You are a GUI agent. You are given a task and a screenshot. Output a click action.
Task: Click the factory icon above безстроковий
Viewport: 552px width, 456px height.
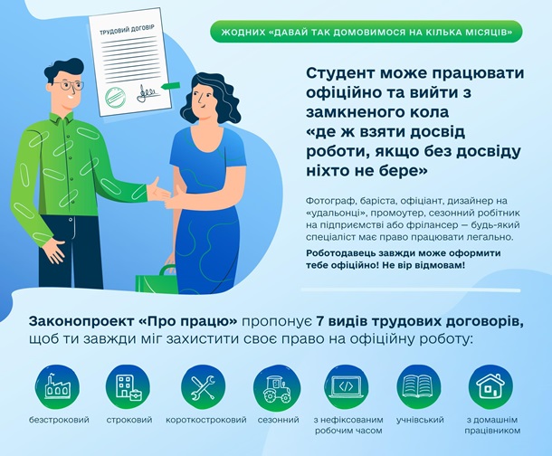57,387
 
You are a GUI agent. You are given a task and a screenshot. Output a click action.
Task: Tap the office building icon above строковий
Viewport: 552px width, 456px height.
128,387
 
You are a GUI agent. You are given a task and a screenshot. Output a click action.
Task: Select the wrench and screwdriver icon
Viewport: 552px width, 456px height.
204,387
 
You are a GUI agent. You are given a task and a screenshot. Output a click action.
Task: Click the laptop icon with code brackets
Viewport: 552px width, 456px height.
346,387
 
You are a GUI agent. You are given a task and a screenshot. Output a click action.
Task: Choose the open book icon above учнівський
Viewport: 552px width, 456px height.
419,387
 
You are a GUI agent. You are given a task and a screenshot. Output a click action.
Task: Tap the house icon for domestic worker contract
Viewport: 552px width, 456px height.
490,387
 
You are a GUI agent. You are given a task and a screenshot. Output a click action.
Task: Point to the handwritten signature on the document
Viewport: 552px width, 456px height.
147,93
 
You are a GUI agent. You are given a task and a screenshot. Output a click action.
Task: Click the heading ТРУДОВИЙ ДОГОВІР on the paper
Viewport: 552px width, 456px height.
127,31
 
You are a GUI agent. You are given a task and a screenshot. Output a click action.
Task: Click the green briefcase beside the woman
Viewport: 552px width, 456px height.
157,279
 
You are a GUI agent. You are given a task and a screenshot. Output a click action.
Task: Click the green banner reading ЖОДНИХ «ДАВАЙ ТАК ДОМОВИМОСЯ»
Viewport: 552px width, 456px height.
366,32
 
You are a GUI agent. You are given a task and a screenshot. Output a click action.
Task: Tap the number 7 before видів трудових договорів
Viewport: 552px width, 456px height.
319,321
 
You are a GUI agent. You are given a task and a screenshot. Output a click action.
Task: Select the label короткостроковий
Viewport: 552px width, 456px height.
206,420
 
